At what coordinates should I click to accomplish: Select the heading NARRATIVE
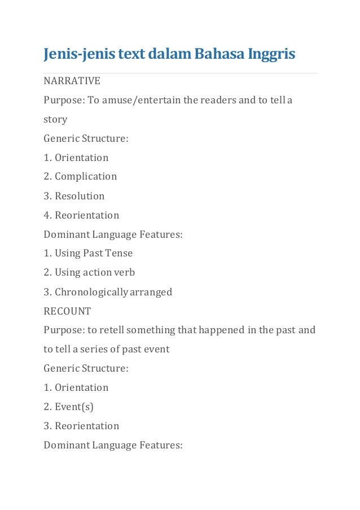tap(72, 81)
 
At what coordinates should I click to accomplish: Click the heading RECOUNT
tap(67, 311)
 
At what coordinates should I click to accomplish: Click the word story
tap(55, 119)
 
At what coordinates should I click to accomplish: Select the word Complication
tap(86, 176)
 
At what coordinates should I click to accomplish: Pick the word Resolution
tap(80, 196)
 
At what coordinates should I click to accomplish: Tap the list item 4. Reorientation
tap(82, 215)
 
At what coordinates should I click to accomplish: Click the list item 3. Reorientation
tap(82, 426)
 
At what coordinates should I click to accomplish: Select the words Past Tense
tap(108, 253)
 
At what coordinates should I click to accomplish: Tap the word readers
tap(212, 100)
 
